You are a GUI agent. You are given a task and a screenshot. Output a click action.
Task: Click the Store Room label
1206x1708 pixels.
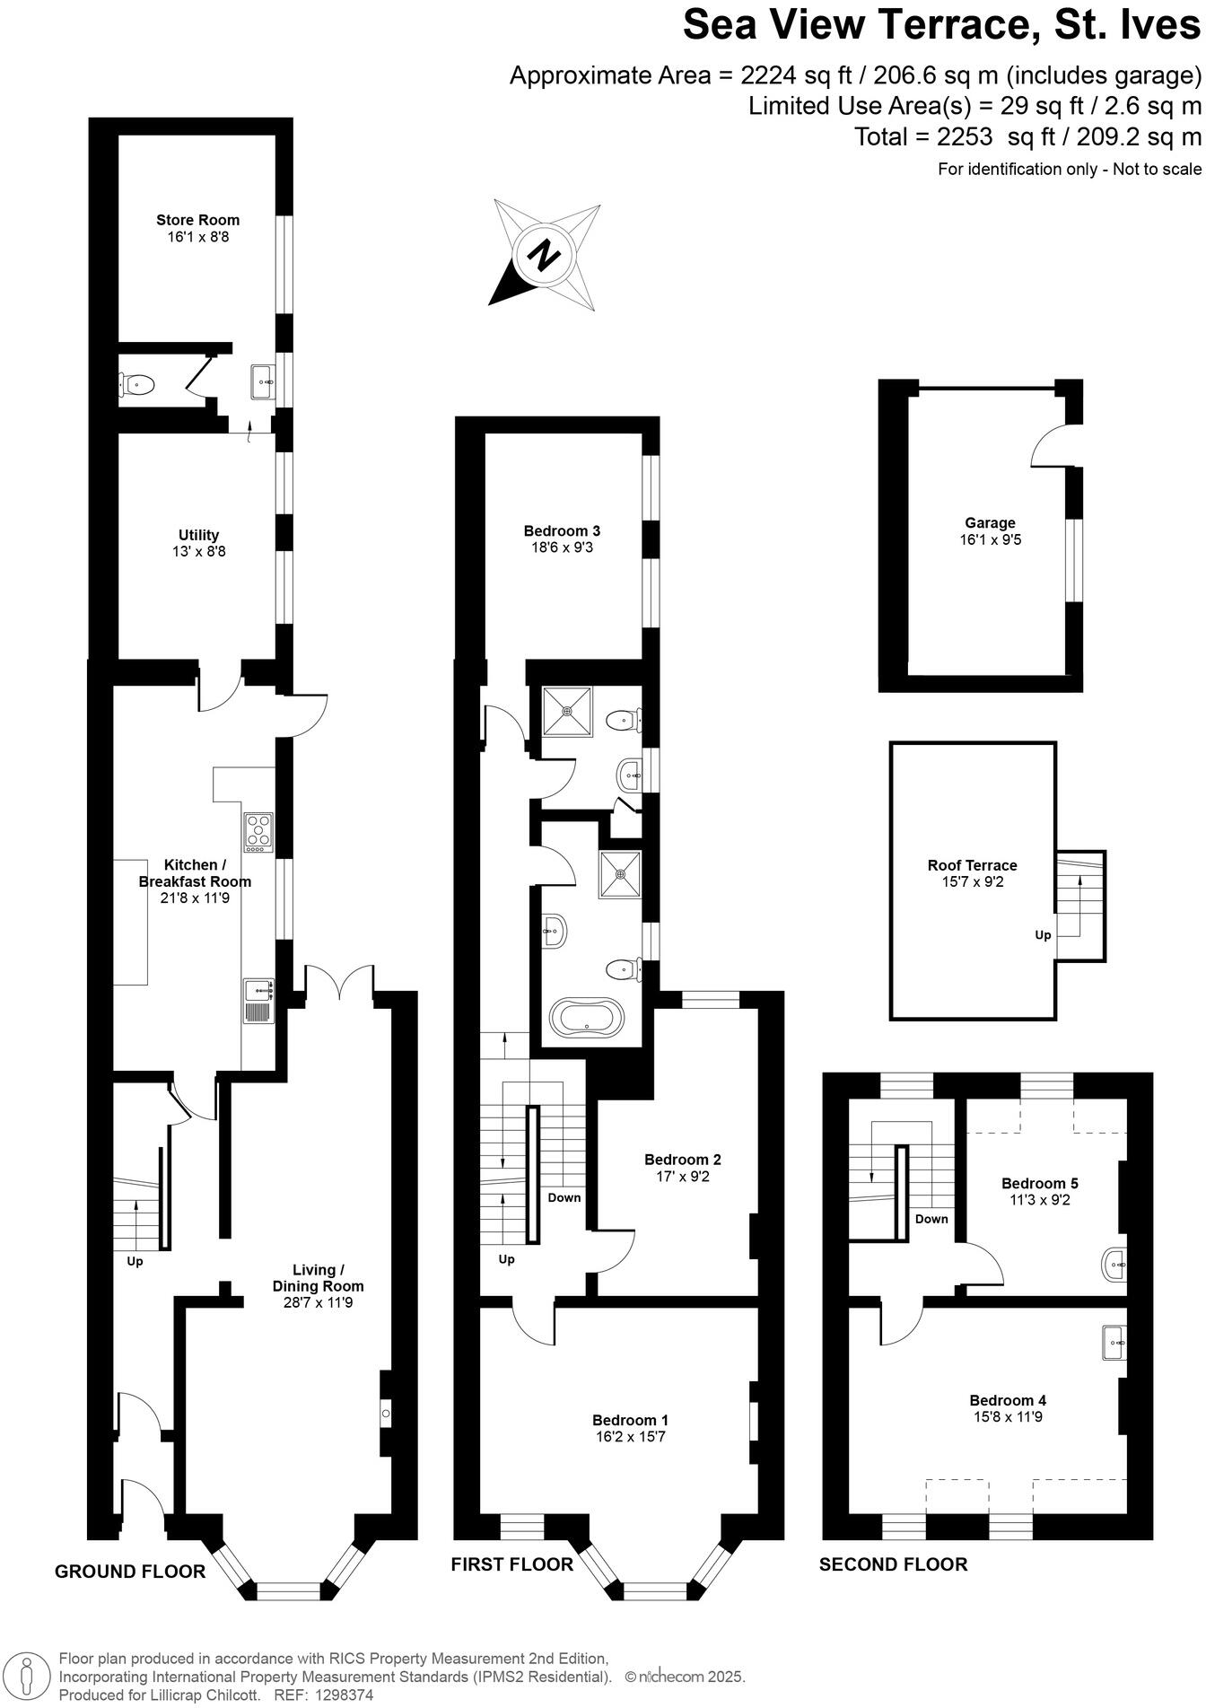pos(197,220)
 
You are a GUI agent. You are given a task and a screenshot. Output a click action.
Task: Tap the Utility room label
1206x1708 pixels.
pos(198,535)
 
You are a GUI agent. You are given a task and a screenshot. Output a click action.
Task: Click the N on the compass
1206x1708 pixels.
pos(542,257)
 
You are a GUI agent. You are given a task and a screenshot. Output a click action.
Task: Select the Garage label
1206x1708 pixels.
pos(990,522)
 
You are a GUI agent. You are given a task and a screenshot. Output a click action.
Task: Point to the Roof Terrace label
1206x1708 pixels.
pos(972,865)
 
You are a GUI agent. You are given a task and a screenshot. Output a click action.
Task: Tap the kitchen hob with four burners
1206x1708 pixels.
pos(258,831)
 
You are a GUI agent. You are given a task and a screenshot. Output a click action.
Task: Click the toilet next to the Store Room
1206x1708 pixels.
pos(137,385)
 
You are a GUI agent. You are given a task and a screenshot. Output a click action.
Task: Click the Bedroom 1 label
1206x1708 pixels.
pos(630,1420)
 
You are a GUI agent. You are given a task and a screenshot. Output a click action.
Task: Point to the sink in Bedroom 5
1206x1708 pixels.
pos(1114,1265)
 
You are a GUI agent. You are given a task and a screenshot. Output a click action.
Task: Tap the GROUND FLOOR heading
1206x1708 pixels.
pos(130,1571)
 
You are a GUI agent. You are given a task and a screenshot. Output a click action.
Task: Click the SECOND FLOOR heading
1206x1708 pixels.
pos(893,1564)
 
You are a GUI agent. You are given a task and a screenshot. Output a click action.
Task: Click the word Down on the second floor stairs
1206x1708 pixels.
pos(931,1218)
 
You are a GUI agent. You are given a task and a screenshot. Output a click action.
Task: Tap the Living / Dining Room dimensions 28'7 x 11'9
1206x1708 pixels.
pos(319,1301)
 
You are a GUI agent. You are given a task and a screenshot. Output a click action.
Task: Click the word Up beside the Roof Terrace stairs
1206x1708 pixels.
pos(1043,934)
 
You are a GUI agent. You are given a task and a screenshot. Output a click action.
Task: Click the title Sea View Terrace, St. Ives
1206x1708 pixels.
pos(941,25)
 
